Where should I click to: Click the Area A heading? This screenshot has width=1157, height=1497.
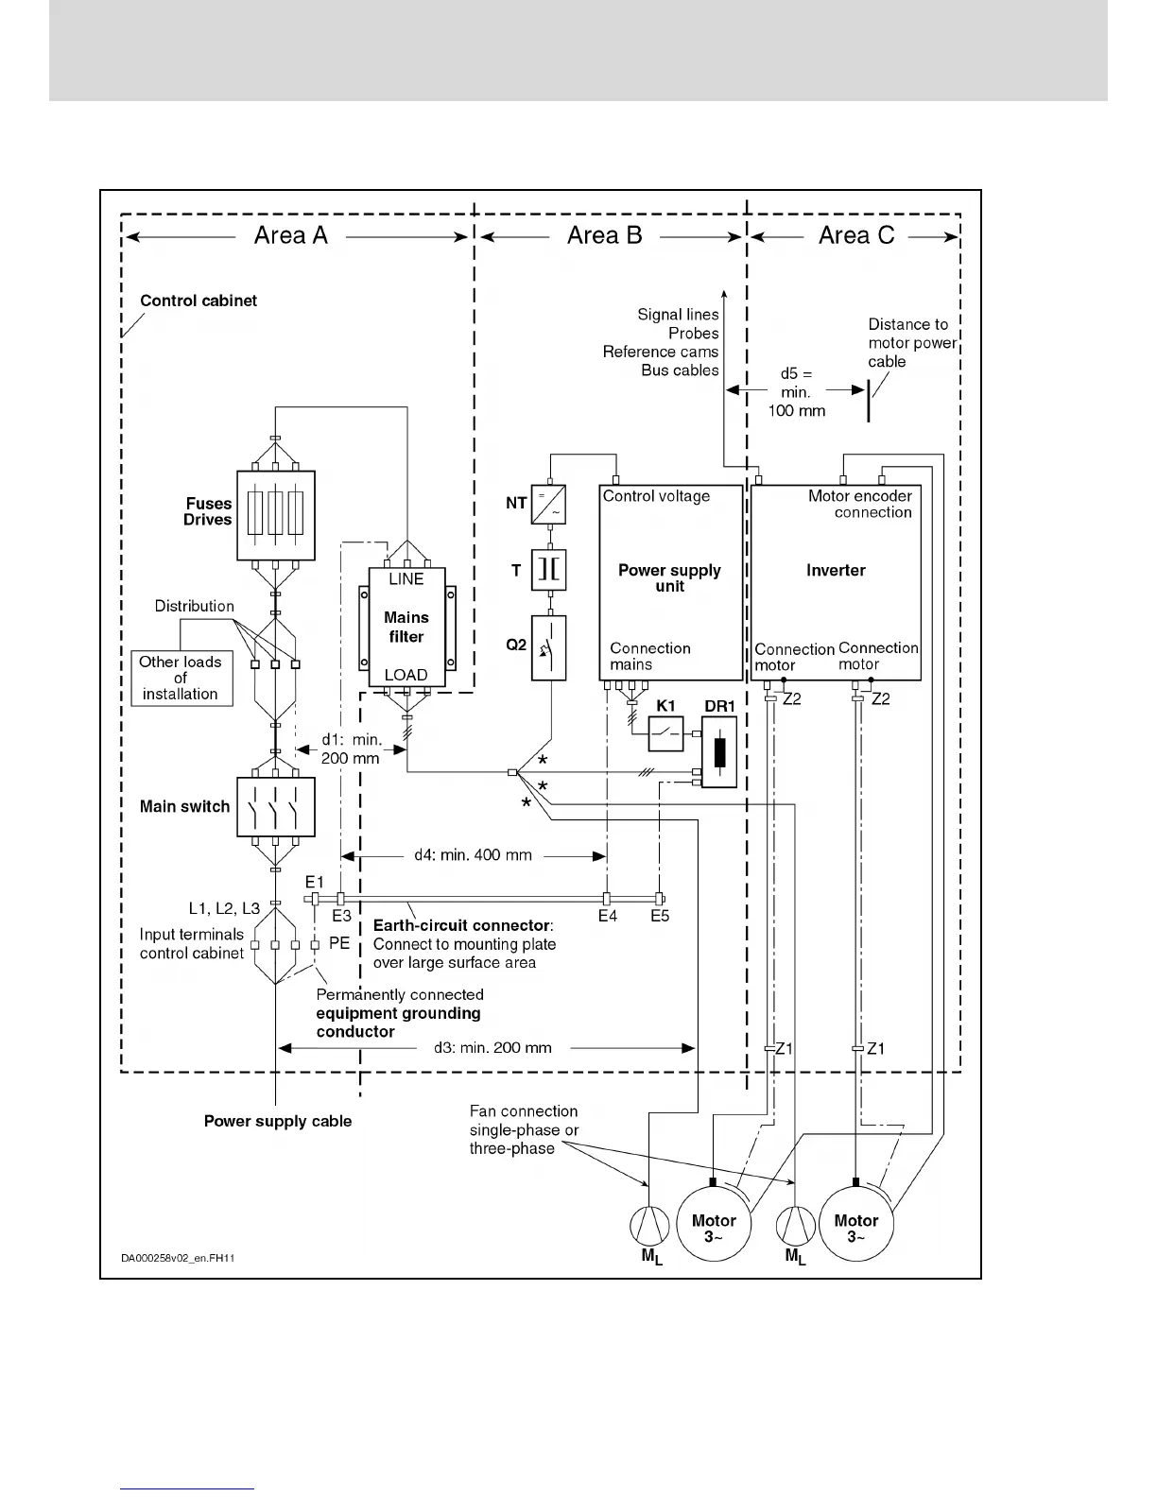point(291,236)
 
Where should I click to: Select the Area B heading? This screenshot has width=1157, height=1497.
point(605,236)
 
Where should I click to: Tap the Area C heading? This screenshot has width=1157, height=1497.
point(856,236)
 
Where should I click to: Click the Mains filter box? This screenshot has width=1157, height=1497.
point(406,628)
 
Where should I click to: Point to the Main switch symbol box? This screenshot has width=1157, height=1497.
point(275,807)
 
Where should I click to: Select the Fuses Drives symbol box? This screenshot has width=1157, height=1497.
point(275,515)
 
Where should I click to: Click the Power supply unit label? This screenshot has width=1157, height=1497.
point(669,578)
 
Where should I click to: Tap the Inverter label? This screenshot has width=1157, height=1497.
point(836,571)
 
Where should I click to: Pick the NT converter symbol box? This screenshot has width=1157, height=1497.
point(549,504)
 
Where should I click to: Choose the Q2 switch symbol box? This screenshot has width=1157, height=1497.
point(549,648)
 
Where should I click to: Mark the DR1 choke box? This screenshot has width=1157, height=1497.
point(719,752)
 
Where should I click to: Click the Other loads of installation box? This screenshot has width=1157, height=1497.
point(181,679)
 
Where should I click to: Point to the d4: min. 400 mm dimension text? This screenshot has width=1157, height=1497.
point(473,855)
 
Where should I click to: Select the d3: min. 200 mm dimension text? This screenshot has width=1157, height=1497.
point(492,1048)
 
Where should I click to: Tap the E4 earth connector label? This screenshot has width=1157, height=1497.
point(607,916)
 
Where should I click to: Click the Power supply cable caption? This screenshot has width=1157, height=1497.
point(278,1122)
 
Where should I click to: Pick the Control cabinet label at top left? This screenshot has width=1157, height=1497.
point(199,301)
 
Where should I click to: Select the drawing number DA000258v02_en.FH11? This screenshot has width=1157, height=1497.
point(178,1259)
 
